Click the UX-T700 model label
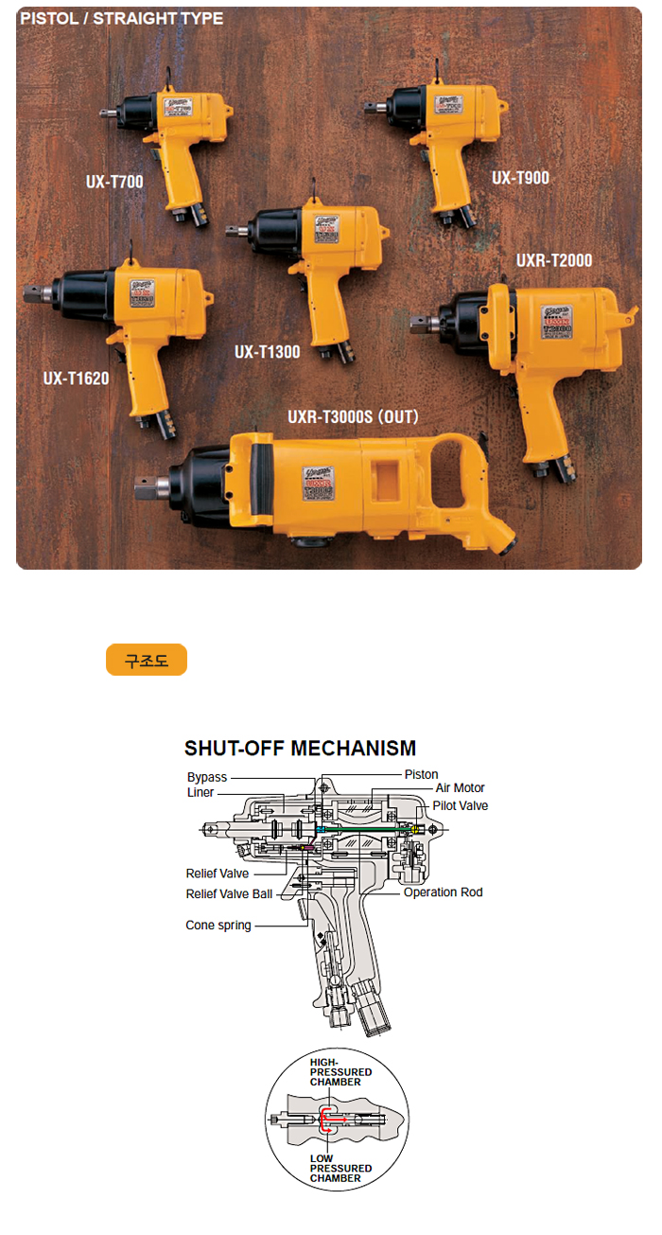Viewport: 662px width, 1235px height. click(112, 181)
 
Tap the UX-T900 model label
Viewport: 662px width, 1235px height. click(520, 178)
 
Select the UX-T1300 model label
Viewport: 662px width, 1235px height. click(267, 352)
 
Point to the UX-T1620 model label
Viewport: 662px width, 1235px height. click(76, 379)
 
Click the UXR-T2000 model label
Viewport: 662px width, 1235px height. click(554, 260)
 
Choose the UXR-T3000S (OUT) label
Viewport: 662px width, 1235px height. click(353, 416)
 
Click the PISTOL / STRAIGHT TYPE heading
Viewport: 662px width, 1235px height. click(122, 19)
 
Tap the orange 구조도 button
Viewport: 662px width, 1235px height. click(147, 660)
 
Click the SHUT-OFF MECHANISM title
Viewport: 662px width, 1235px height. click(300, 749)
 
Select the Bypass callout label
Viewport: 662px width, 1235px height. click(207, 778)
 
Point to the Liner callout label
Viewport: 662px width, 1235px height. click(200, 793)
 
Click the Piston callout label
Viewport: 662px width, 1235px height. click(422, 775)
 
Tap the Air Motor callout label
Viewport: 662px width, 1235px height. click(460, 788)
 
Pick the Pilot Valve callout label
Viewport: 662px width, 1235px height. click(461, 806)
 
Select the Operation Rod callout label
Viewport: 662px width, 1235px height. click(443, 892)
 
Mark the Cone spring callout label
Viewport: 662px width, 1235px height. click(218, 926)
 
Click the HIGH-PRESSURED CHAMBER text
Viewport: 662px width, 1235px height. click(340, 1072)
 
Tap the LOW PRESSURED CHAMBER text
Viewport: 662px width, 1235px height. click(340, 1169)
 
